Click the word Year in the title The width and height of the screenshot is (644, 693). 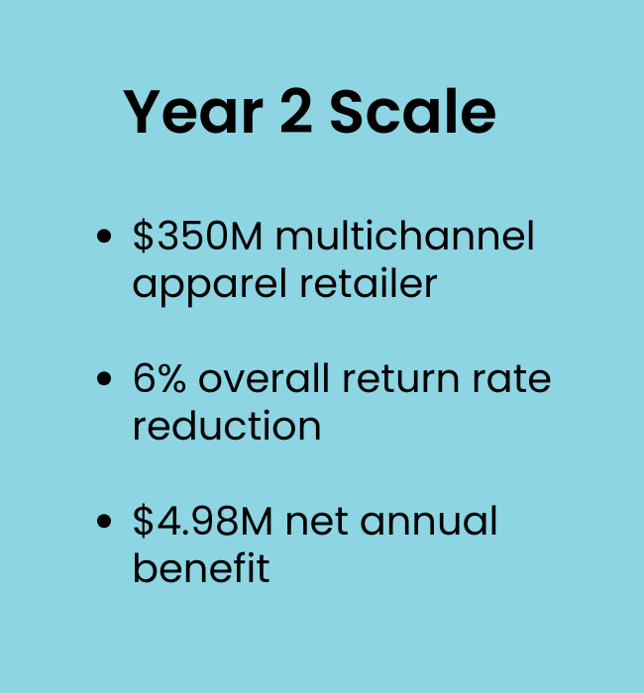pos(193,111)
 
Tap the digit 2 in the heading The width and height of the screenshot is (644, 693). pos(296,111)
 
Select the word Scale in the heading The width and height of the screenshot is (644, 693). pos(413,111)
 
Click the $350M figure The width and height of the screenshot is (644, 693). pos(197,236)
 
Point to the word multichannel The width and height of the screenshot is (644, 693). pos(405,236)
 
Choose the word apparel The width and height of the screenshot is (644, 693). pos(210,285)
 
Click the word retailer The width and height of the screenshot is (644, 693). pos(369,283)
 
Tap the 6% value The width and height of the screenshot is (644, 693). pos(160,378)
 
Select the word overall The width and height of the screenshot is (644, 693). pos(265,378)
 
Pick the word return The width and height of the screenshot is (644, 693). pos(400,379)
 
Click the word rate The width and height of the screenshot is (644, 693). pos(511,379)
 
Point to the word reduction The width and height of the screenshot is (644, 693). pos(227,425)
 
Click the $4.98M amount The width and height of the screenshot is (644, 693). pos(202,521)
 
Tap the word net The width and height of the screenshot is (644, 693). pos(317,523)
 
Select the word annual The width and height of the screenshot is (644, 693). pos(429,521)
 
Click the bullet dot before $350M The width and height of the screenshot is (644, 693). pos(104,236)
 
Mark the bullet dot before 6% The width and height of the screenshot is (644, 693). pos(104,379)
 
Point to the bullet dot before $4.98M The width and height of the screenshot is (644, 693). pos(104,521)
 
